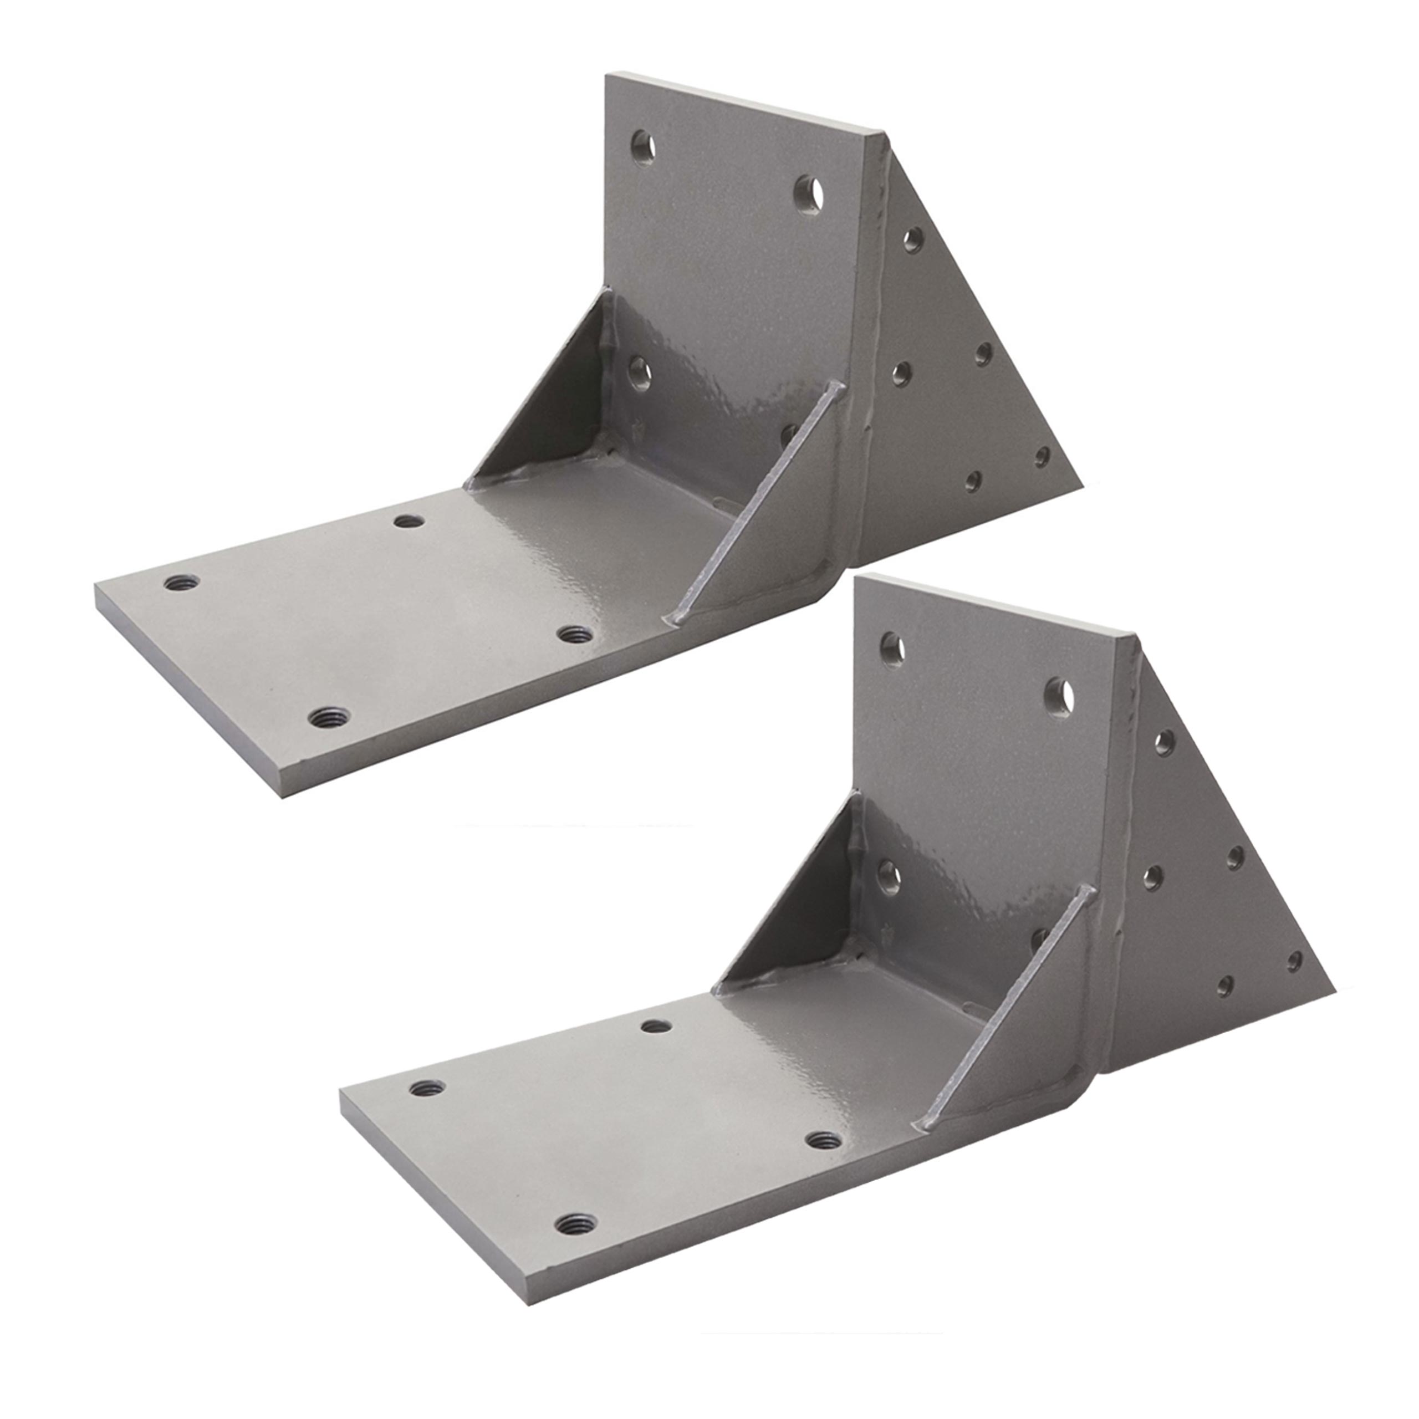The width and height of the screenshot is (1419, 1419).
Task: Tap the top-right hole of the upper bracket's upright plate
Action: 809,194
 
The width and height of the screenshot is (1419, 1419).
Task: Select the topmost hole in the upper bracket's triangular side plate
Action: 913,239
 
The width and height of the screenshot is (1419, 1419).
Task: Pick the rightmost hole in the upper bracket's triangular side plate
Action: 1042,457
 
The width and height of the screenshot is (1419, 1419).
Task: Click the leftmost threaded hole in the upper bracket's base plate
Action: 181,583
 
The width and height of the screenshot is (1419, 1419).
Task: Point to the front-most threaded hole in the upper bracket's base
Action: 328,717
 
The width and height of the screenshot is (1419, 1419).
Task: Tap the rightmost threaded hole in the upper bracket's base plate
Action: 575,635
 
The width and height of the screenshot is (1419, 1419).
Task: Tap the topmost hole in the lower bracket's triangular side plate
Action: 1164,743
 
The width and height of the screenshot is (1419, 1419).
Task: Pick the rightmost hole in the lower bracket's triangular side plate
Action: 1295,961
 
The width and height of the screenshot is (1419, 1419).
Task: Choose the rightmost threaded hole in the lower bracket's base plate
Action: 824,1140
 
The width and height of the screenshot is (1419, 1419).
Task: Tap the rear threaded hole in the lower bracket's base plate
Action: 657,1026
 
